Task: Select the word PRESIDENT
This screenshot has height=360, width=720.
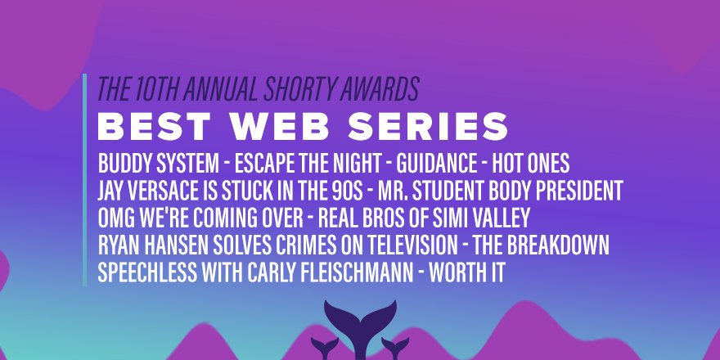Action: tap(574, 189)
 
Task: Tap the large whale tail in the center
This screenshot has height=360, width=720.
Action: tap(359, 319)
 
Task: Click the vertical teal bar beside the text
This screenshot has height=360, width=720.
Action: tap(84, 180)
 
